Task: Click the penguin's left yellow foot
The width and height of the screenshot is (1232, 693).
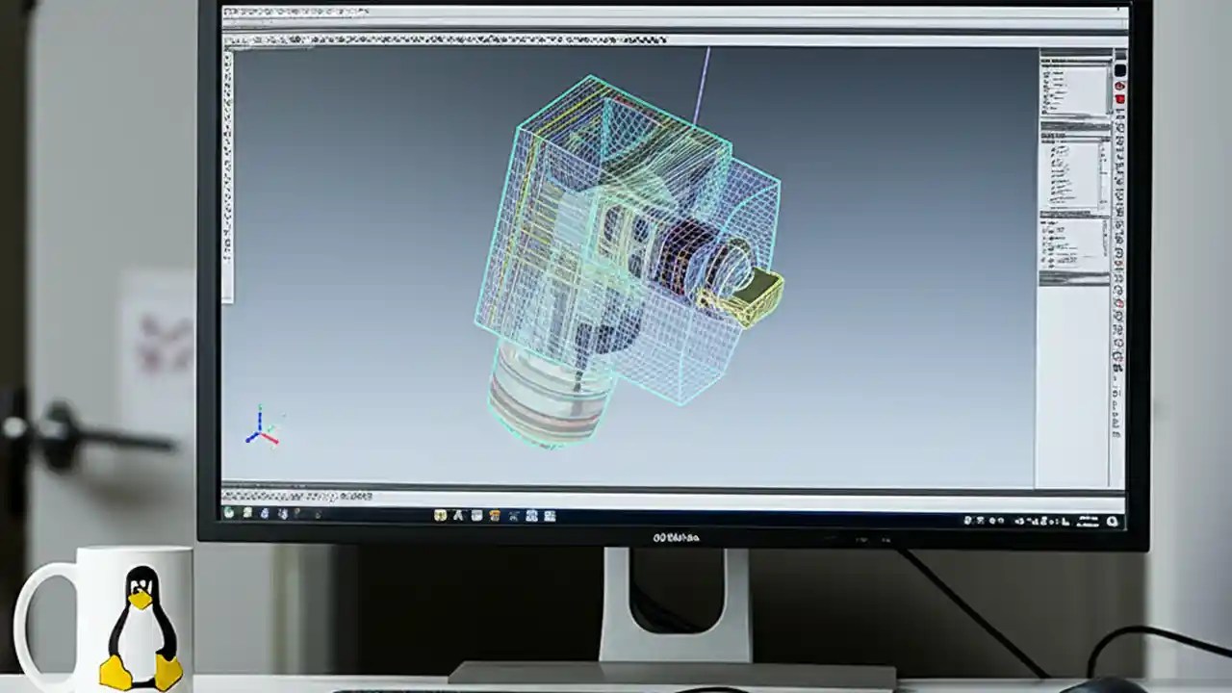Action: (x=115, y=672)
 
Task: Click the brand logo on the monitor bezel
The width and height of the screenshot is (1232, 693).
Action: (x=676, y=537)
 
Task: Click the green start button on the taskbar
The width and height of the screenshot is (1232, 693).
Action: (x=229, y=514)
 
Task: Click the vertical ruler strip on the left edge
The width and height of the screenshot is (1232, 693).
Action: (x=228, y=173)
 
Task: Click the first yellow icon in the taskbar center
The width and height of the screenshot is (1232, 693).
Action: (x=441, y=516)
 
